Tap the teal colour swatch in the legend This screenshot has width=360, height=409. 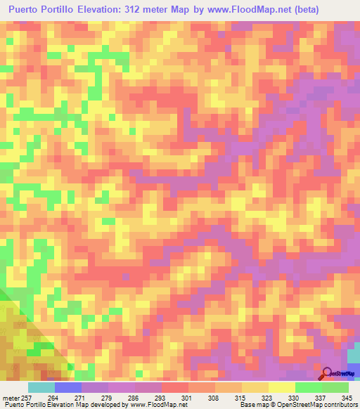tap(41, 387)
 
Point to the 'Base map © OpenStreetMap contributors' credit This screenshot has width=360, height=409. tap(297, 405)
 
